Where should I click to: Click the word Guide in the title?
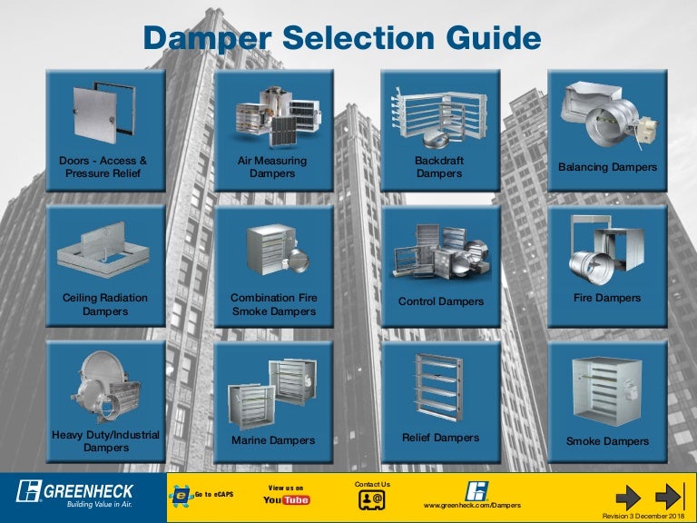coord(494,38)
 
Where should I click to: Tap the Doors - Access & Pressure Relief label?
coord(103,167)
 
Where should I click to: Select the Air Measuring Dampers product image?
coord(278,116)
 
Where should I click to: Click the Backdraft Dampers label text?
coord(439,167)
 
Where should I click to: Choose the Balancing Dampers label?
coord(608,167)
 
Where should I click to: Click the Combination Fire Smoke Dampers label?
coord(274,304)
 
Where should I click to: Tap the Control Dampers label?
coord(440,301)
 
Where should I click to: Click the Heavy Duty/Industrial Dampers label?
coord(106,441)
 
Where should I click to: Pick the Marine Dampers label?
coord(273,440)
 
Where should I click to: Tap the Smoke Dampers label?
coord(608,441)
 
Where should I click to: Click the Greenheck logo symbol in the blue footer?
coord(28,491)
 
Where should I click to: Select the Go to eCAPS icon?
coord(181,496)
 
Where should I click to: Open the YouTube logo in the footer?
coord(286,500)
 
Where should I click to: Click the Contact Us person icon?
coord(372,499)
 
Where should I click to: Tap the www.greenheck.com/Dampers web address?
coord(472,505)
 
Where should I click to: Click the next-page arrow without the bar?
coord(628,498)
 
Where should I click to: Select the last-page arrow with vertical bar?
coord(670,497)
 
